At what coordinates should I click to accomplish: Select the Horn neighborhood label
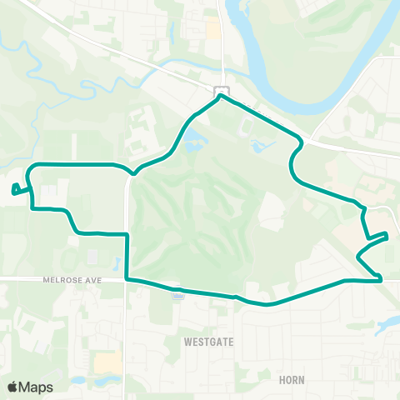pos(292,380)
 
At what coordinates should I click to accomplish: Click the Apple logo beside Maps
pos(12,387)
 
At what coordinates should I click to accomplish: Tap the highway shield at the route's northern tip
pos(220,90)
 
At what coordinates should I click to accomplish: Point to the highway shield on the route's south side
pos(177,292)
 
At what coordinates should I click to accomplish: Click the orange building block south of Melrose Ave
pos(107,362)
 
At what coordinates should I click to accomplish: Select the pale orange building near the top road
pos(213,30)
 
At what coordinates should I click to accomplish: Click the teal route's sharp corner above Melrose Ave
pos(127,235)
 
